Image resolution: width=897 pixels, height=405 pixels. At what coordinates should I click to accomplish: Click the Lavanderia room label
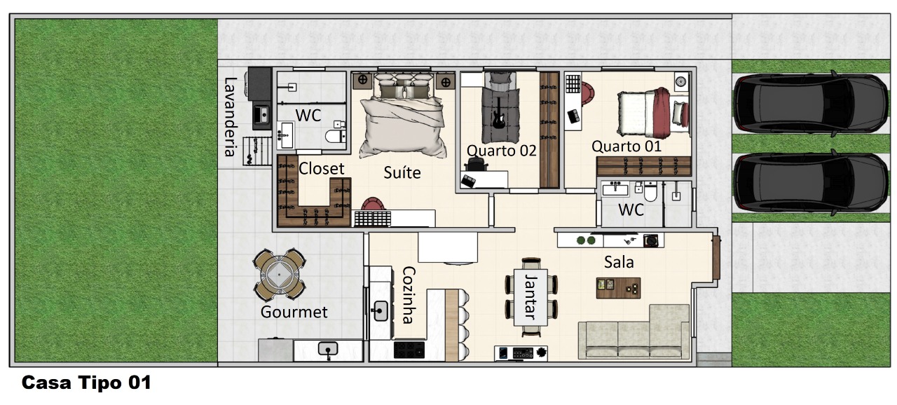click(229, 117)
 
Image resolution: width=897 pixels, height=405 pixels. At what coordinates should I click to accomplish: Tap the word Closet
click(321, 168)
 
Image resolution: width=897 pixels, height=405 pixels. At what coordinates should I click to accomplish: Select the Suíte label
click(402, 172)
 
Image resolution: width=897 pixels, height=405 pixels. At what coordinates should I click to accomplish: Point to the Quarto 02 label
click(501, 151)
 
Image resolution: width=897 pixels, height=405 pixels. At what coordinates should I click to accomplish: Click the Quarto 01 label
click(626, 146)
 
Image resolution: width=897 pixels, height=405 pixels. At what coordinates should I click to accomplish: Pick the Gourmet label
click(294, 312)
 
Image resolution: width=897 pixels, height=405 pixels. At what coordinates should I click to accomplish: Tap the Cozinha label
click(408, 294)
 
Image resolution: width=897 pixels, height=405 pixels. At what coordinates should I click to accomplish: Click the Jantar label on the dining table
click(530, 297)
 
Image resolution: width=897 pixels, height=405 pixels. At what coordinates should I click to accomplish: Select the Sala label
click(619, 262)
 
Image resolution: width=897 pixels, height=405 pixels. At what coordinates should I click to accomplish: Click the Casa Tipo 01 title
click(86, 383)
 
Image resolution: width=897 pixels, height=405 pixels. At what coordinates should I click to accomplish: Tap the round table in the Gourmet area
click(279, 275)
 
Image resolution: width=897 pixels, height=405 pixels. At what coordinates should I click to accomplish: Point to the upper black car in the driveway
click(811, 102)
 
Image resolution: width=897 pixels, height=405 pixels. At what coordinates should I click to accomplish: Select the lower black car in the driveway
click(811, 182)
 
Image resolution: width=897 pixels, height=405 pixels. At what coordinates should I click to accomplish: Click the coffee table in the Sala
click(618, 288)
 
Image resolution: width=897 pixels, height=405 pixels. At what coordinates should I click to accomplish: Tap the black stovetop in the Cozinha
click(409, 350)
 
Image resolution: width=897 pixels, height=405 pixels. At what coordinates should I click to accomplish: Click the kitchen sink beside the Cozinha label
click(379, 311)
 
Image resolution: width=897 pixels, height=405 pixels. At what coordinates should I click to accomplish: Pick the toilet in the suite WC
click(336, 135)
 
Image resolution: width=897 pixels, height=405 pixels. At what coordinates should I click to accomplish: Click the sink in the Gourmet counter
click(328, 349)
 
